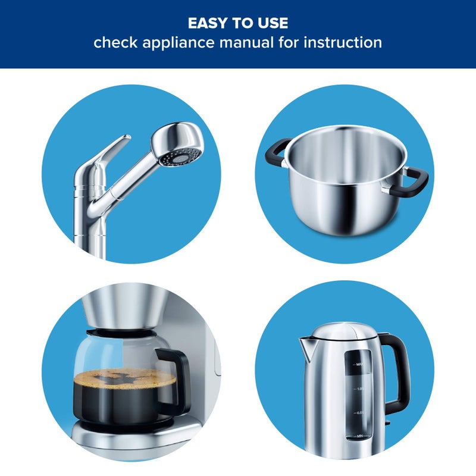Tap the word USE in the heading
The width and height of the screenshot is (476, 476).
[273, 23]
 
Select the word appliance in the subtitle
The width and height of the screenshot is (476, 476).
[178, 43]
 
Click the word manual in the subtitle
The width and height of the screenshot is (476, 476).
[246, 42]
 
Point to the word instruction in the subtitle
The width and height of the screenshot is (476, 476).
[343, 42]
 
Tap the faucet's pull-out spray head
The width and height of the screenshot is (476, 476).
[177, 143]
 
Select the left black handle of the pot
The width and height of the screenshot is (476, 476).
[275, 151]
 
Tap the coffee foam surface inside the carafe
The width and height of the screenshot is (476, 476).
[125, 378]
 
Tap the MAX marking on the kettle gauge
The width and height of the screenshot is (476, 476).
[359, 364]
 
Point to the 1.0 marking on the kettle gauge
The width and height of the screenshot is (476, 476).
[359, 389]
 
